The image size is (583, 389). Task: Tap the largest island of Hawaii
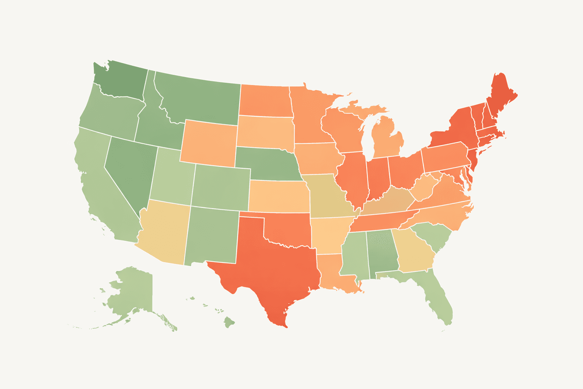229,322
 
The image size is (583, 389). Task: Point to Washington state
121,82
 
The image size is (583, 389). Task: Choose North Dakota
266,101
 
